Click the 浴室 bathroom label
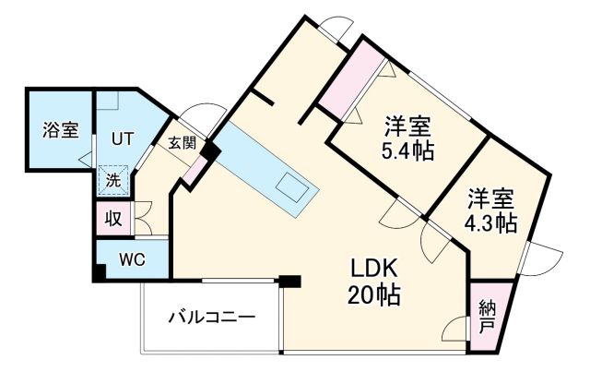pos(60,130)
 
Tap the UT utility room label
pos(123,139)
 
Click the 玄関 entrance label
pos(182,143)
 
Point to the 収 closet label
pos(112,219)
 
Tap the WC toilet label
pos(133,260)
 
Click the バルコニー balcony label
pos(211,318)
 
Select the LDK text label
pos(373,270)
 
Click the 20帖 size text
pos(373,296)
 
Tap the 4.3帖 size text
pos(490,222)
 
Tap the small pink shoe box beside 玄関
pos(195,169)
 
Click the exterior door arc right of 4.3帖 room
pos(543,259)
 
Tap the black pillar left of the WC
pos(98,274)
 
